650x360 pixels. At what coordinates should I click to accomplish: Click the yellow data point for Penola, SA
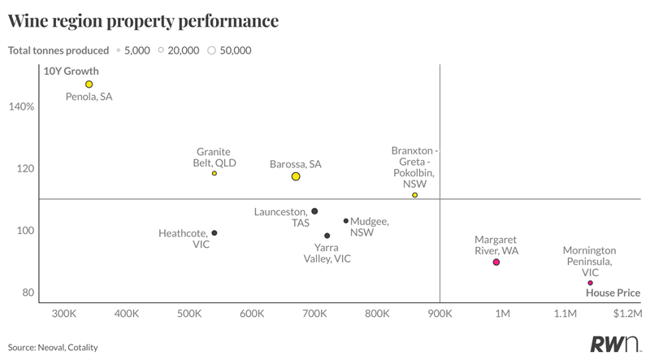pyautogui.click(x=89, y=85)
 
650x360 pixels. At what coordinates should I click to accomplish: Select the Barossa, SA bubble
pyautogui.click(x=296, y=176)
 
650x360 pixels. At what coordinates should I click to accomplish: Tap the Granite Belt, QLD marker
pyautogui.click(x=214, y=173)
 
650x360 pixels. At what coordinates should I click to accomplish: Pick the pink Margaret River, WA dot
pyautogui.click(x=496, y=262)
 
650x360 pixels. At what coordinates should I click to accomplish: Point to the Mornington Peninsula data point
pyautogui.click(x=591, y=283)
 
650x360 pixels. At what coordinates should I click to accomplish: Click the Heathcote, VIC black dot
pyautogui.click(x=214, y=233)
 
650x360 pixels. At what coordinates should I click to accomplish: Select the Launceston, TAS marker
pyautogui.click(x=314, y=211)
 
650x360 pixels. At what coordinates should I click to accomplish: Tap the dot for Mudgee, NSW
pyautogui.click(x=346, y=220)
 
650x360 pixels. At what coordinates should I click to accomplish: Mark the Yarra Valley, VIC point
pyautogui.click(x=327, y=236)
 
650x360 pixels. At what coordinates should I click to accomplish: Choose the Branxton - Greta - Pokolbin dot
pyautogui.click(x=415, y=195)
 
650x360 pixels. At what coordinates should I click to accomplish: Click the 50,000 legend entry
pyautogui.click(x=230, y=50)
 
